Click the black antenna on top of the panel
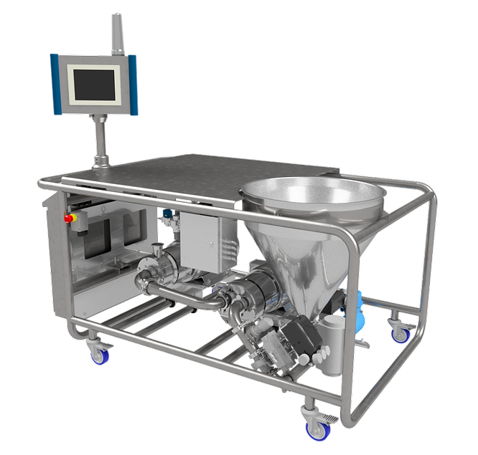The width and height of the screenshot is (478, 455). [x=113, y=33]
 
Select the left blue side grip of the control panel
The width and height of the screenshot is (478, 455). [x=56, y=83]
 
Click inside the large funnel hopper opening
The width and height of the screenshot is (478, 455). [x=312, y=192]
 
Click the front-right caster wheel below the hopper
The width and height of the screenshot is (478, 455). [x=314, y=427]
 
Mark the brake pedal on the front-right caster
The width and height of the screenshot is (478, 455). [x=328, y=416]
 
